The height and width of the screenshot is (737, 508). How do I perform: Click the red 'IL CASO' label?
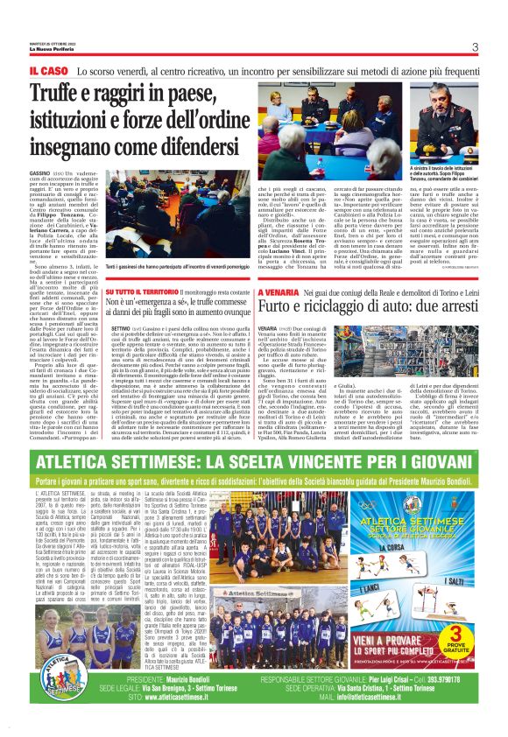(49, 68)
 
